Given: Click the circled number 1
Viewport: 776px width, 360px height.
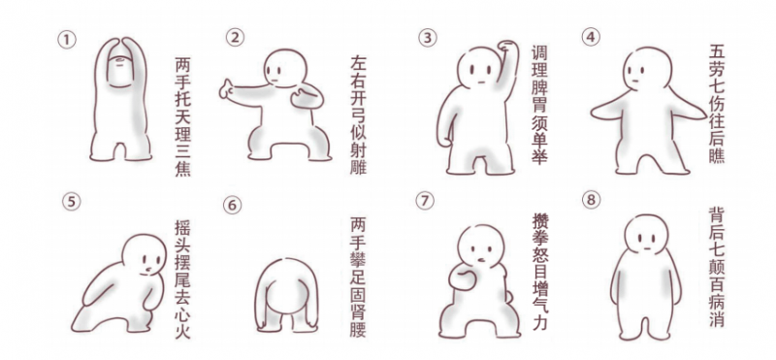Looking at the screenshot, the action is [x=67, y=40].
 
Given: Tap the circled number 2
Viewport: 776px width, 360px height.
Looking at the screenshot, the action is [x=235, y=37].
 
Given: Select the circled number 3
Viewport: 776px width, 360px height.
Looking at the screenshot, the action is [x=428, y=38].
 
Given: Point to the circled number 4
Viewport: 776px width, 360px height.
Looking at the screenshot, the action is [x=591, y=37].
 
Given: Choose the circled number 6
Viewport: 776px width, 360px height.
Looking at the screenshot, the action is [x=232, y=204].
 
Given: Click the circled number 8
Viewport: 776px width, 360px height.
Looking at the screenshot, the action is [x=591, y=201].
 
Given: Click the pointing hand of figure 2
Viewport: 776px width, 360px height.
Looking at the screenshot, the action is [x=229, y=89].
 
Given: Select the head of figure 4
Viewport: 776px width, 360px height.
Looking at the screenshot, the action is [x=648, y=69].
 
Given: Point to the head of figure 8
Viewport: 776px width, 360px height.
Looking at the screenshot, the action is [x=647, y=234].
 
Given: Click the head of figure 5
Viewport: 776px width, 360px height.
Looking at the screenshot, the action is [x=145, y=254].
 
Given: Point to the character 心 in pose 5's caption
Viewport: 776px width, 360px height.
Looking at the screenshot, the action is [x=182, y=313].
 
